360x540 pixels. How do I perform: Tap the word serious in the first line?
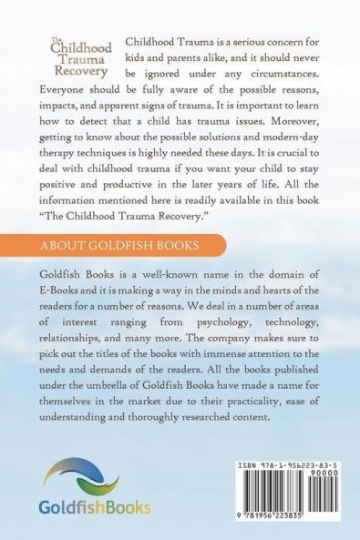(x=252, y=45)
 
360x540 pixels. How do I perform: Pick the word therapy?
(x=66, y=159)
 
